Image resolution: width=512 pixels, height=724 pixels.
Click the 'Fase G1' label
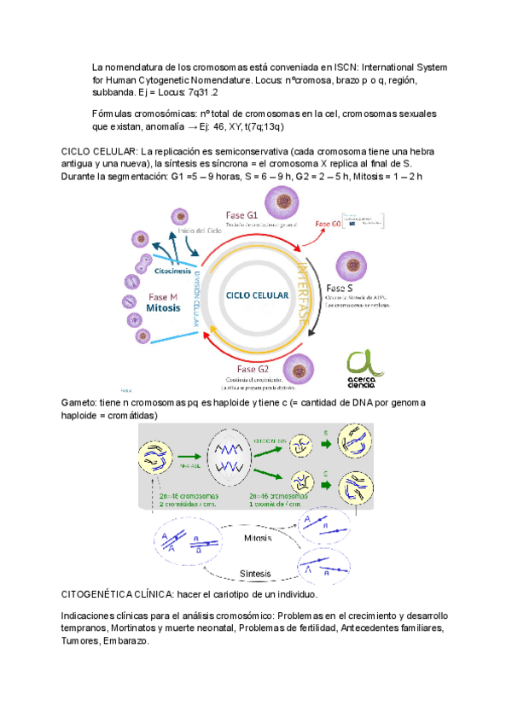click(242, 214)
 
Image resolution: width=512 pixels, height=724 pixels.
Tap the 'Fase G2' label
click(253, 369)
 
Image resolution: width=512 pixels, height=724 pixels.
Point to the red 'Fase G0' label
click(327, 224)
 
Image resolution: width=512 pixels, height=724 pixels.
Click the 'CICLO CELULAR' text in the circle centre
click(253, 295)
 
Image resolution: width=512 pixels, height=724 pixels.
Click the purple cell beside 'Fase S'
click(351, 266)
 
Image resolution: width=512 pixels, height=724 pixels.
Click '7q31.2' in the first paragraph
click(202, 91)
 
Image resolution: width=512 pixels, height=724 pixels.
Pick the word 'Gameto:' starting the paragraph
click(79, 401)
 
